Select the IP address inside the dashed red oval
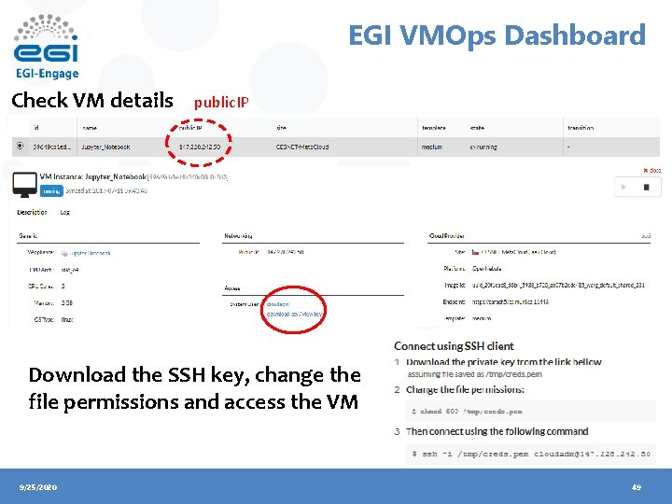205,147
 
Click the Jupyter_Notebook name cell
106,147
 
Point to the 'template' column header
434,128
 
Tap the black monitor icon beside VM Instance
24,184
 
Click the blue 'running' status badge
50,190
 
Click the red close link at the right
651,171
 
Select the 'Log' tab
65,212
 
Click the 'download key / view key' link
295,315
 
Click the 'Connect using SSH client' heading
454,346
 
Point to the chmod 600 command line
467,411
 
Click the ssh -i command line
530,453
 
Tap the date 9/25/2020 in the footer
38,487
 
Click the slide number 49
637,487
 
